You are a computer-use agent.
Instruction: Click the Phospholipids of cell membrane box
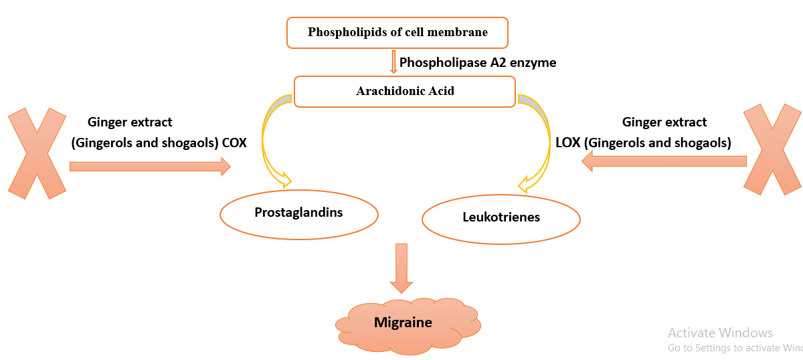point(397,32)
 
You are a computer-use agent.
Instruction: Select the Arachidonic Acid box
point(404,91)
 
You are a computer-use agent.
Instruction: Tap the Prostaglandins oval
point(298,213)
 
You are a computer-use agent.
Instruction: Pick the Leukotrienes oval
point(501,217)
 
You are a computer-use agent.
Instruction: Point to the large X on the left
point(38,153)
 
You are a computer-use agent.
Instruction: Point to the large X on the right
point(773,149)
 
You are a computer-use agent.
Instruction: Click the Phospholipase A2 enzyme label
point(478,63)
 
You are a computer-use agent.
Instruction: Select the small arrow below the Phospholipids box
point(394,62)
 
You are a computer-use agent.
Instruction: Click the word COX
point(234,143)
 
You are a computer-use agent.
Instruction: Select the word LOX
point(569,143)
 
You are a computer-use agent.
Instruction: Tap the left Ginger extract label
point(130,122)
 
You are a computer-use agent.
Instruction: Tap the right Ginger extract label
point(664,122)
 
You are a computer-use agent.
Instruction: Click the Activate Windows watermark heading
point(720,333)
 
